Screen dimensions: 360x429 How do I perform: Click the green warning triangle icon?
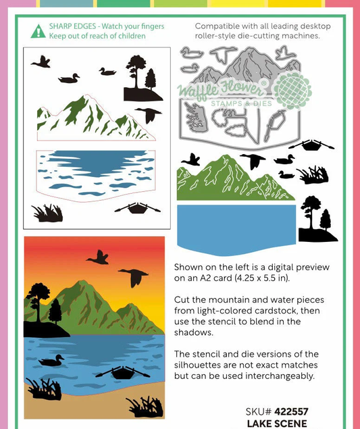(38, 32)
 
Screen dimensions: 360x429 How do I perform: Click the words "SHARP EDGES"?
(72, 26)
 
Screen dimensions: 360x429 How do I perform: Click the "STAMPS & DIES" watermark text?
(241, 103)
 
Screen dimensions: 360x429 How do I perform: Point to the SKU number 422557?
(291, 411)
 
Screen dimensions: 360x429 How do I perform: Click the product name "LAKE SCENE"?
(277, 423)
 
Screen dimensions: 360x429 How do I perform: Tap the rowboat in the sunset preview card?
(122, 372)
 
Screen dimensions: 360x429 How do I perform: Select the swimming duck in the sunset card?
(51, 360)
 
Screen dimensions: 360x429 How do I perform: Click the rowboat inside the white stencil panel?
(137, 209)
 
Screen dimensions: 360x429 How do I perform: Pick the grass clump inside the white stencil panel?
(48, 213)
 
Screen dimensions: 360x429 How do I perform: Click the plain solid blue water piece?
(236, 229)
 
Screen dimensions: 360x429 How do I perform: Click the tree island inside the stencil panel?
(141, 79)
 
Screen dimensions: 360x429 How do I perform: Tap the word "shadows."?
(194, 332)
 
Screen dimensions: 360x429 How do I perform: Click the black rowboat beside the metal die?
(311, 145)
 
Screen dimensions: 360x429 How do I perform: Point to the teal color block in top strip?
(66, 3)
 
